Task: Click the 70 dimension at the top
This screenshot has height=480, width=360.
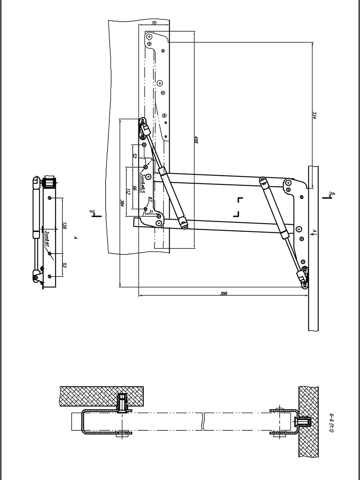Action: [154, 24]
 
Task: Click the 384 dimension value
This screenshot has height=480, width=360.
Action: [122, 203]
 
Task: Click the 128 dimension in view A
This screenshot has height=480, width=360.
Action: [64, 227]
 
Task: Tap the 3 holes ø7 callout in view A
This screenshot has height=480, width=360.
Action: [46, 236]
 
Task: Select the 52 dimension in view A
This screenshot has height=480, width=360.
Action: [64, 265]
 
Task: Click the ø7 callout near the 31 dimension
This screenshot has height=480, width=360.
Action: [150, 199]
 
